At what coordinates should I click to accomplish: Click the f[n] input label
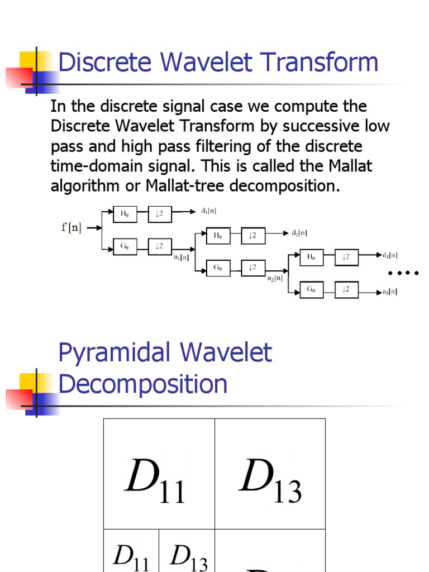[71, 228]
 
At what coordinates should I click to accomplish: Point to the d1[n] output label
[208, 211]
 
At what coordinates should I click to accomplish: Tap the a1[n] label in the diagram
[181, 258]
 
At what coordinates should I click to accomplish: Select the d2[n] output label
[299, 233]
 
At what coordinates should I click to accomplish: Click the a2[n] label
[275, 278]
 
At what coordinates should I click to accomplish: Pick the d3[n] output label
[389, 255]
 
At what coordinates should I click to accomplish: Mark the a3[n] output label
[389, 292]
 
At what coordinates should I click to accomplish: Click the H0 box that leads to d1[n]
[125, 212]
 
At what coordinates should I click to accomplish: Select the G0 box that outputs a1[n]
[125, 246]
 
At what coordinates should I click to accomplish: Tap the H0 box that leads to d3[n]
[311, 257]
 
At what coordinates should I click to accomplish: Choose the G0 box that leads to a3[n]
[311, 289]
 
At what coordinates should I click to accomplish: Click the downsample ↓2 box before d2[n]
[252, 236]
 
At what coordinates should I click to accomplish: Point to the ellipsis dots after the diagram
[403, 273]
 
